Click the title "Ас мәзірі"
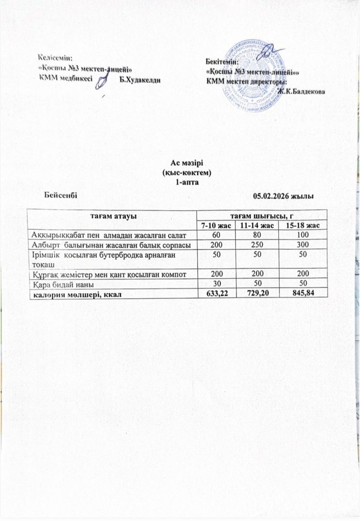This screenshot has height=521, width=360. [x=180, y=163]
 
